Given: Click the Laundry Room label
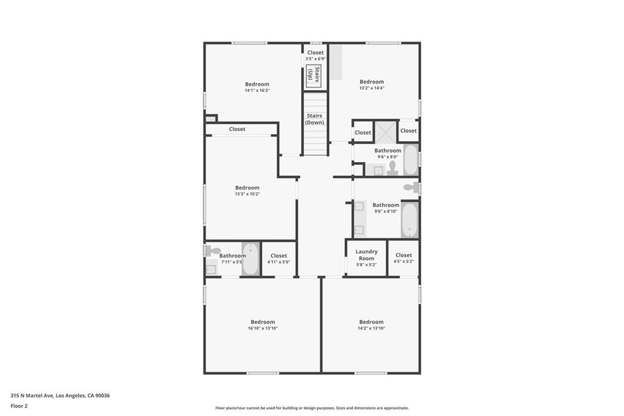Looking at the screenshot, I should [366, 255].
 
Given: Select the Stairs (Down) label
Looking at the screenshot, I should [314, 119].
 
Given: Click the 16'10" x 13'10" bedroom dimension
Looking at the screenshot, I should [263, 328].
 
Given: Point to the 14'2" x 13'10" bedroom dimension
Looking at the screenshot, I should [371, 328].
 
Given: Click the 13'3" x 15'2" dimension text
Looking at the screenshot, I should [247, 194].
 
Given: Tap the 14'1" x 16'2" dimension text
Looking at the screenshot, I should [257, 91].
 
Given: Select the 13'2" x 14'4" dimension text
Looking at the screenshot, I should [372, 88].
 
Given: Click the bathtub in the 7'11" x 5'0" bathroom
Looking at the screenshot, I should [250, 259].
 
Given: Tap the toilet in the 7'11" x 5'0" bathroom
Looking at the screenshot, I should [213, 250].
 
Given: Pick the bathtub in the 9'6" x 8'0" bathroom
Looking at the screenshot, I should [410, 160].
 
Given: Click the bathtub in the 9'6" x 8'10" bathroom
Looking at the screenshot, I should [409, 220].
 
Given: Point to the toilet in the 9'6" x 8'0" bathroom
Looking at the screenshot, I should [392, 167].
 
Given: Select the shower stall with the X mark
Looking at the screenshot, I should [385, 132].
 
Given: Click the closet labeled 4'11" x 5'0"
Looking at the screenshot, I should [278, 258].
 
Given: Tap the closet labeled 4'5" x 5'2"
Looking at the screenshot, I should [403, 258].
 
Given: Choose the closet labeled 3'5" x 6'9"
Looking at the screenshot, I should [316, 55].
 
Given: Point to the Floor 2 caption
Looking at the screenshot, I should [19, 405].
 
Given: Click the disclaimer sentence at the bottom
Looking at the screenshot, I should [311, 408].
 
